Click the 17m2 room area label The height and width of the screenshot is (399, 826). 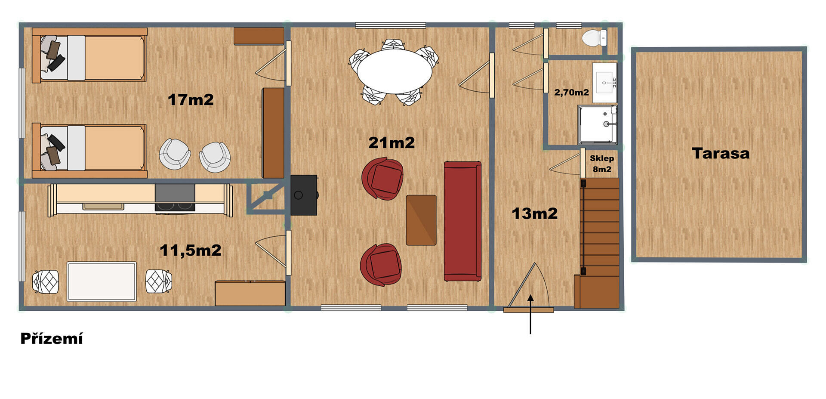[x=191, y=100]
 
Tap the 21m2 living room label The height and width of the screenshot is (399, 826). [x=391, y=142]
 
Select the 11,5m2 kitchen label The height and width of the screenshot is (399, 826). [x=191, y=250]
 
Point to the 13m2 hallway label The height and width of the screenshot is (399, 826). [x=534, y=213]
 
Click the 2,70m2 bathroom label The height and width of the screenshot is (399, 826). [x=571, y=92]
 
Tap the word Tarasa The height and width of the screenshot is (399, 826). [x=721, y=153]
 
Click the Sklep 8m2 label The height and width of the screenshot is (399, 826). [x=602, y=164]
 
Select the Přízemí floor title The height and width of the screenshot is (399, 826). [x=52, y=338]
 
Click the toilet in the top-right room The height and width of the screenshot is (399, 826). [x=594, y=37]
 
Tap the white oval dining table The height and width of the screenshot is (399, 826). [x=394, y=72]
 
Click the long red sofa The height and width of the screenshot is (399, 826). [x=462, y=221]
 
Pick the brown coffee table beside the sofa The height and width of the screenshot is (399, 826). [x=421, y=220]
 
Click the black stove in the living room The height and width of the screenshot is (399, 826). [x=304, y=195]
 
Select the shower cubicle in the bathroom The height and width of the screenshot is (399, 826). [x=597, y=124]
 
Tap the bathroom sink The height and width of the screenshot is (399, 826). [x=605, y=83]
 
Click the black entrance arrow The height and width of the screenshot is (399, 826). [x=530, y=314]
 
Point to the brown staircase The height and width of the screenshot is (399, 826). [x=598, y=243]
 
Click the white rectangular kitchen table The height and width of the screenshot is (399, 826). [x=102, y=281]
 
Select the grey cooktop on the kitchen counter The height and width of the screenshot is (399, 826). [x=175, y=198]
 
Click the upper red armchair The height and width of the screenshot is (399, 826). [x=382, y=179]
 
